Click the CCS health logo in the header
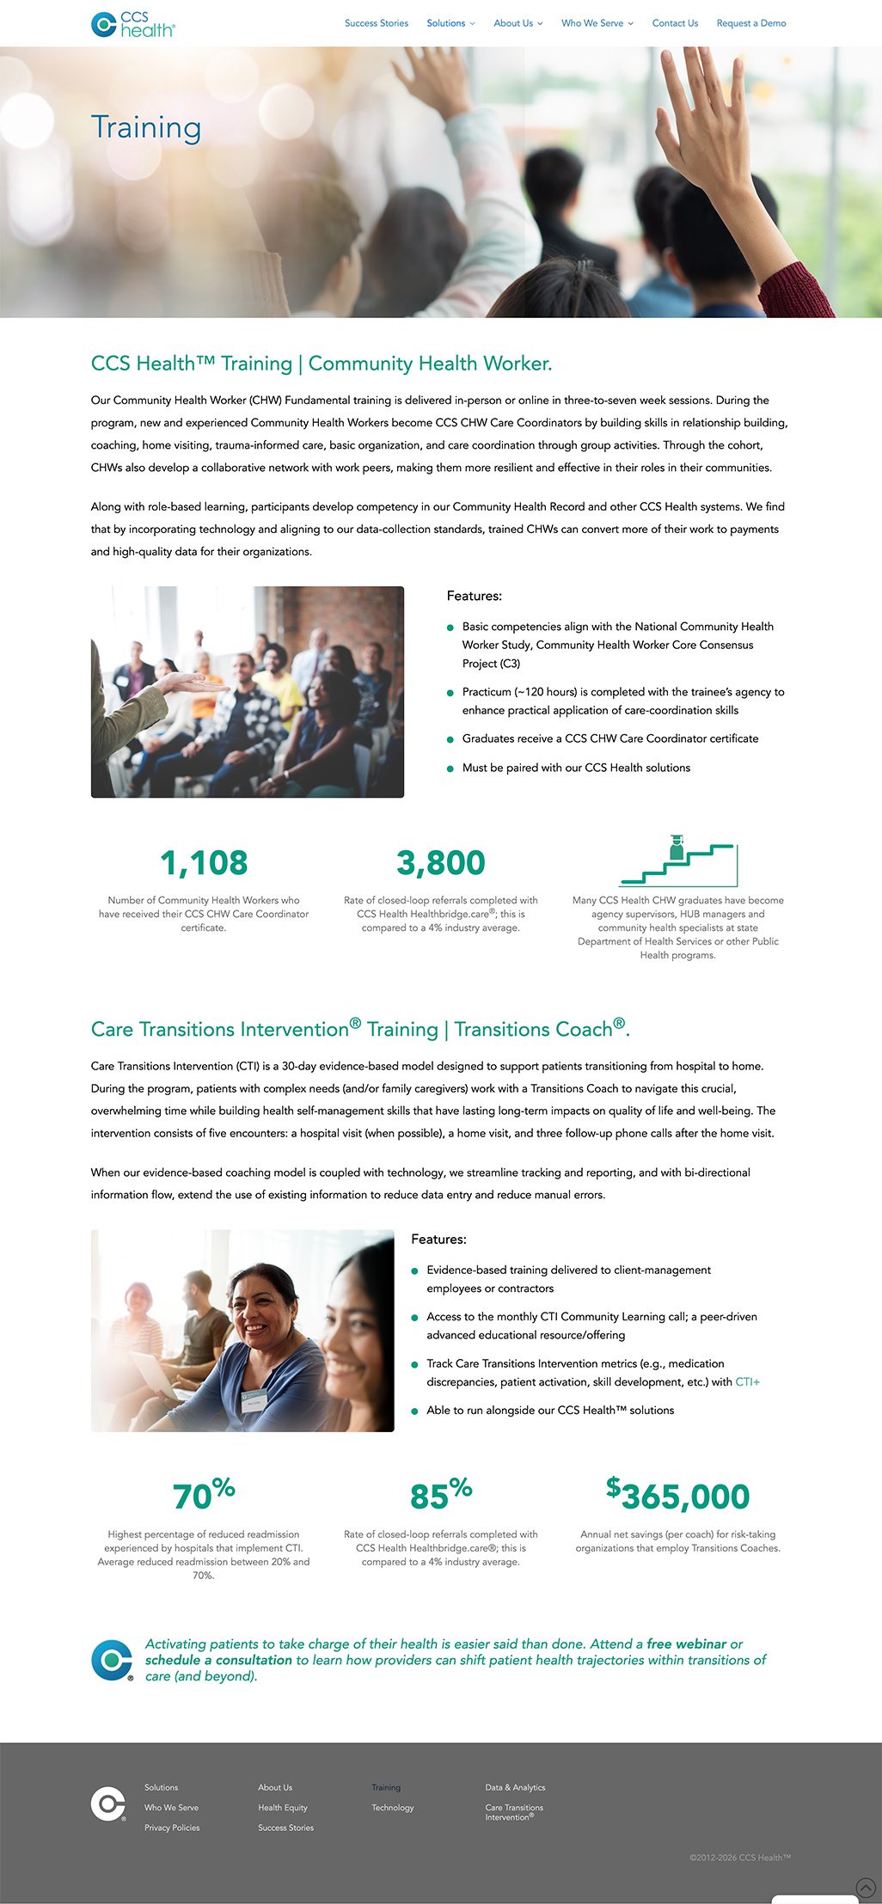tap(132, 24)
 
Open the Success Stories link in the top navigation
tap(376, 23)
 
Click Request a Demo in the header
tap(750, 23)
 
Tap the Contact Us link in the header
tap(674, 23)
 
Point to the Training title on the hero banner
tap(146, 127)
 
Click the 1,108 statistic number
tap(204, 863)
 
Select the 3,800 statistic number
tap(440, 863)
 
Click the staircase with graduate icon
tap(677, 860)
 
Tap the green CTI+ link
tap(747, 1382)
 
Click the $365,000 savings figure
tap(677, 1497)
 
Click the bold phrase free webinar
tap(686, 1644)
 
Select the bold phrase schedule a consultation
tap(218, 1660)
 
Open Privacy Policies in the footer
tap(172, 1827)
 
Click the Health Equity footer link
tap(282, 1808)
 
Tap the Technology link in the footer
tap(392, 1808)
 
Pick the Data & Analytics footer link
tap(515, 1787)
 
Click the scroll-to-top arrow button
tap(866, 1888)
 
